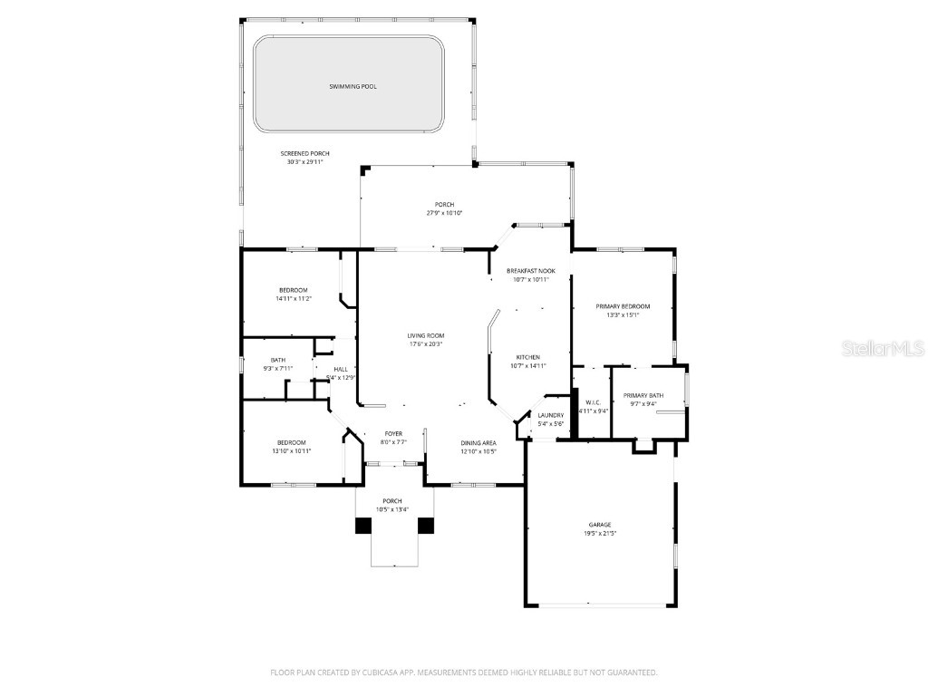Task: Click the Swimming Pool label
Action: pyautogui.click(x=353, y=87)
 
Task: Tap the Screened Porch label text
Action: pyautogui.click(x=304, y=154)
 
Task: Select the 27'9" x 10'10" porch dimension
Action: pyautogui.click(x=444, y=213)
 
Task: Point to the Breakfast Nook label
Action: pyautogui.click(x=531, y=271)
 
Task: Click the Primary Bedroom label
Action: pyautogui.click(x=623, y=306)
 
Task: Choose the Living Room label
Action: pyautogui.click(x=425, y=335)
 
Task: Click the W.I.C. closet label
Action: pyautogui.click(x=594, y=402)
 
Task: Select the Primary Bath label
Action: pyautogui.click(x=643, y=395)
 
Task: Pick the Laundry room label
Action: pyautogui.click(x=550, y=415)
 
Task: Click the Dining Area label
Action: pyautogui.click(x=478, y=442)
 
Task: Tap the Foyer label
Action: pyautogui.click(x=392, y=433)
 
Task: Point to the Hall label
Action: pyautogui.click(x=341, y=369)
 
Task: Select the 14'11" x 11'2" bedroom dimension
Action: pyautogui.click(x=292, y=298)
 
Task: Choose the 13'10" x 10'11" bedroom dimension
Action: pyautogui.click(x=291, y=450)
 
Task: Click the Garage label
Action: pyautogui.click(x=599, y=525)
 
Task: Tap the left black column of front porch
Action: pyautogui.click(x=363, y=526)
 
